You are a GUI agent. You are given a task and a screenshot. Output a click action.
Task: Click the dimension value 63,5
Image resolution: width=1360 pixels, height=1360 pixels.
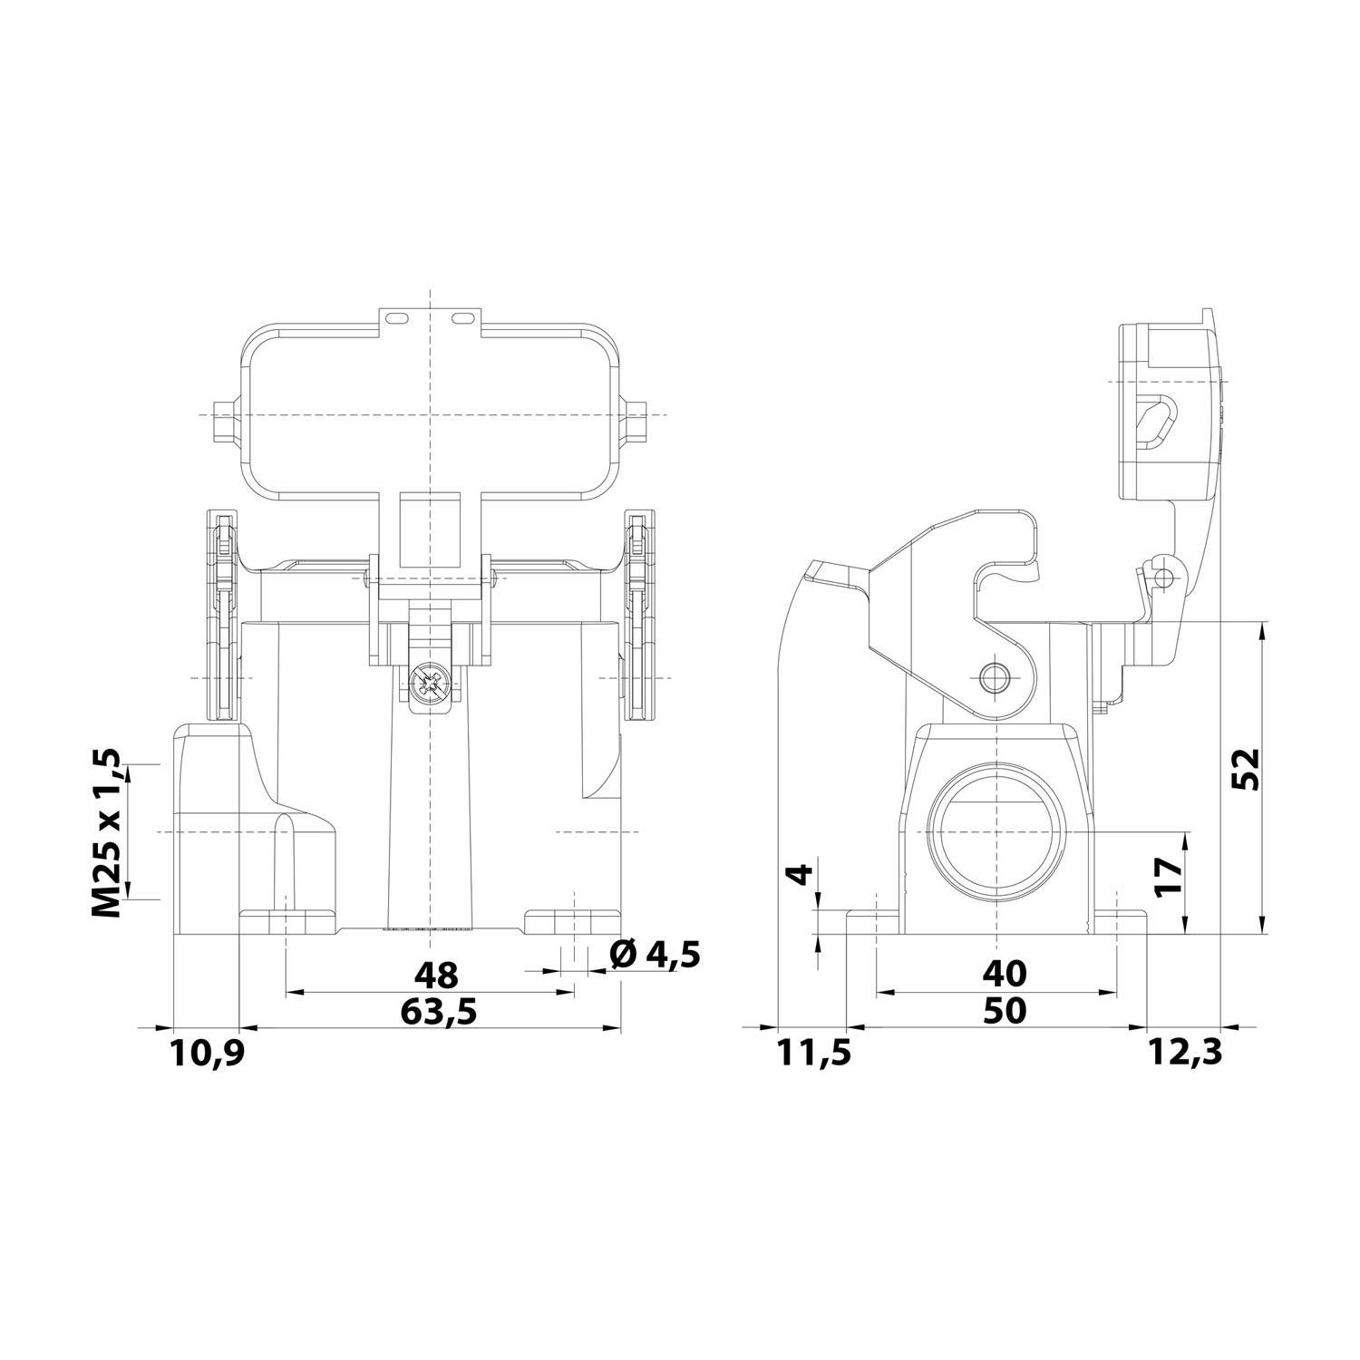[438, 1009]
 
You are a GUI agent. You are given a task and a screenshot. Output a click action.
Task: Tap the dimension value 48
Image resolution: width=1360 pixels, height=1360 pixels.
[436, 976]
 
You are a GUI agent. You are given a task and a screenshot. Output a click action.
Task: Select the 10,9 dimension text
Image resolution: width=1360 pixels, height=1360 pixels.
[207, 1054]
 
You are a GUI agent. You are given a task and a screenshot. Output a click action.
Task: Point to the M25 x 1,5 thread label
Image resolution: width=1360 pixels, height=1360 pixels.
[107, 832]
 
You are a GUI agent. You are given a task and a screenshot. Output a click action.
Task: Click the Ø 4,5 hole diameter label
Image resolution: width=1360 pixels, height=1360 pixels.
[656, 954]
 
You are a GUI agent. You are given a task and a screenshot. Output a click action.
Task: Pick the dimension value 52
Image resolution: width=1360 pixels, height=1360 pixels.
[1248, 770]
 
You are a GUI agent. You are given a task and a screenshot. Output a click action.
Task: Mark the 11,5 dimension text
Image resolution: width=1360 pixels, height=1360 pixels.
[813, 1054]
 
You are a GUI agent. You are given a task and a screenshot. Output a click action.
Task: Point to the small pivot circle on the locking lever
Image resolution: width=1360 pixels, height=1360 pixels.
[996, 675]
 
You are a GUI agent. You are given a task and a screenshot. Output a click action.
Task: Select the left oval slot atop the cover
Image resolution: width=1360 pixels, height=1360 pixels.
[395, 318]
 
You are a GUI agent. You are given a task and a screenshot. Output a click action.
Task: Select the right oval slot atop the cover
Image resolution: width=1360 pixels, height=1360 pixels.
[461, 318]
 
